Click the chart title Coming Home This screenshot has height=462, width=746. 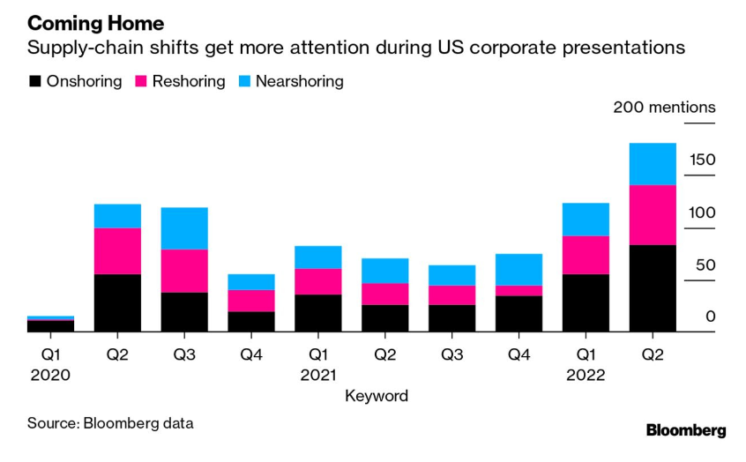(95, 24)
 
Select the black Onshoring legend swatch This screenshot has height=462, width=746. (34, 81)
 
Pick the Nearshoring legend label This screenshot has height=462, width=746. (299, 81)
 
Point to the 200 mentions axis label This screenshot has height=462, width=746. (664, 108)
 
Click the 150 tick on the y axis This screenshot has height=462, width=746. (703, 160)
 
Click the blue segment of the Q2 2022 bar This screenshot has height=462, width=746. (653, 163)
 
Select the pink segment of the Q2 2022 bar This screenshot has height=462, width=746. (653, 214)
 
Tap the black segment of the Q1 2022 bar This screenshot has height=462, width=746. (586, 302)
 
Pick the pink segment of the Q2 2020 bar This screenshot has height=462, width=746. (117, 250)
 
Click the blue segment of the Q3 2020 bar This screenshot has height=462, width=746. (184, 228)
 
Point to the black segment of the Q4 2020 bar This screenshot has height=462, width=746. (251, 322)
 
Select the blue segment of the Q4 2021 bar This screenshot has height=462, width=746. (518, 269)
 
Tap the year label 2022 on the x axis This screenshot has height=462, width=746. (585, 374)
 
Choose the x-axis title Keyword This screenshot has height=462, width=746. (377, 396)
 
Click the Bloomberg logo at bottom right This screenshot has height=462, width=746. (686, 430)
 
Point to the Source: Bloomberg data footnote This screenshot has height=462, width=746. (110, 422)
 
